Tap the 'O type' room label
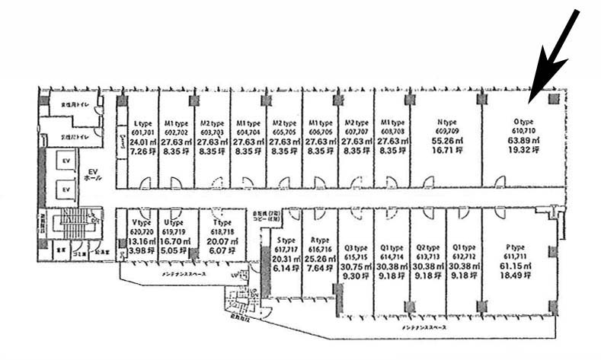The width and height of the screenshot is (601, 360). [x=523, y=121]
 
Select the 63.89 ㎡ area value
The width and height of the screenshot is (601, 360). [x=523, y=140]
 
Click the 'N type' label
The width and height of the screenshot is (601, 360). [x=446, y=122]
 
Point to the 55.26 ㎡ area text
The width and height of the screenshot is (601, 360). [x=446, y=141]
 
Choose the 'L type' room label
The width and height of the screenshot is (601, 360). [x=140, y=123]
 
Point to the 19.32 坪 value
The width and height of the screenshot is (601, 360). [x=523, y=151]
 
